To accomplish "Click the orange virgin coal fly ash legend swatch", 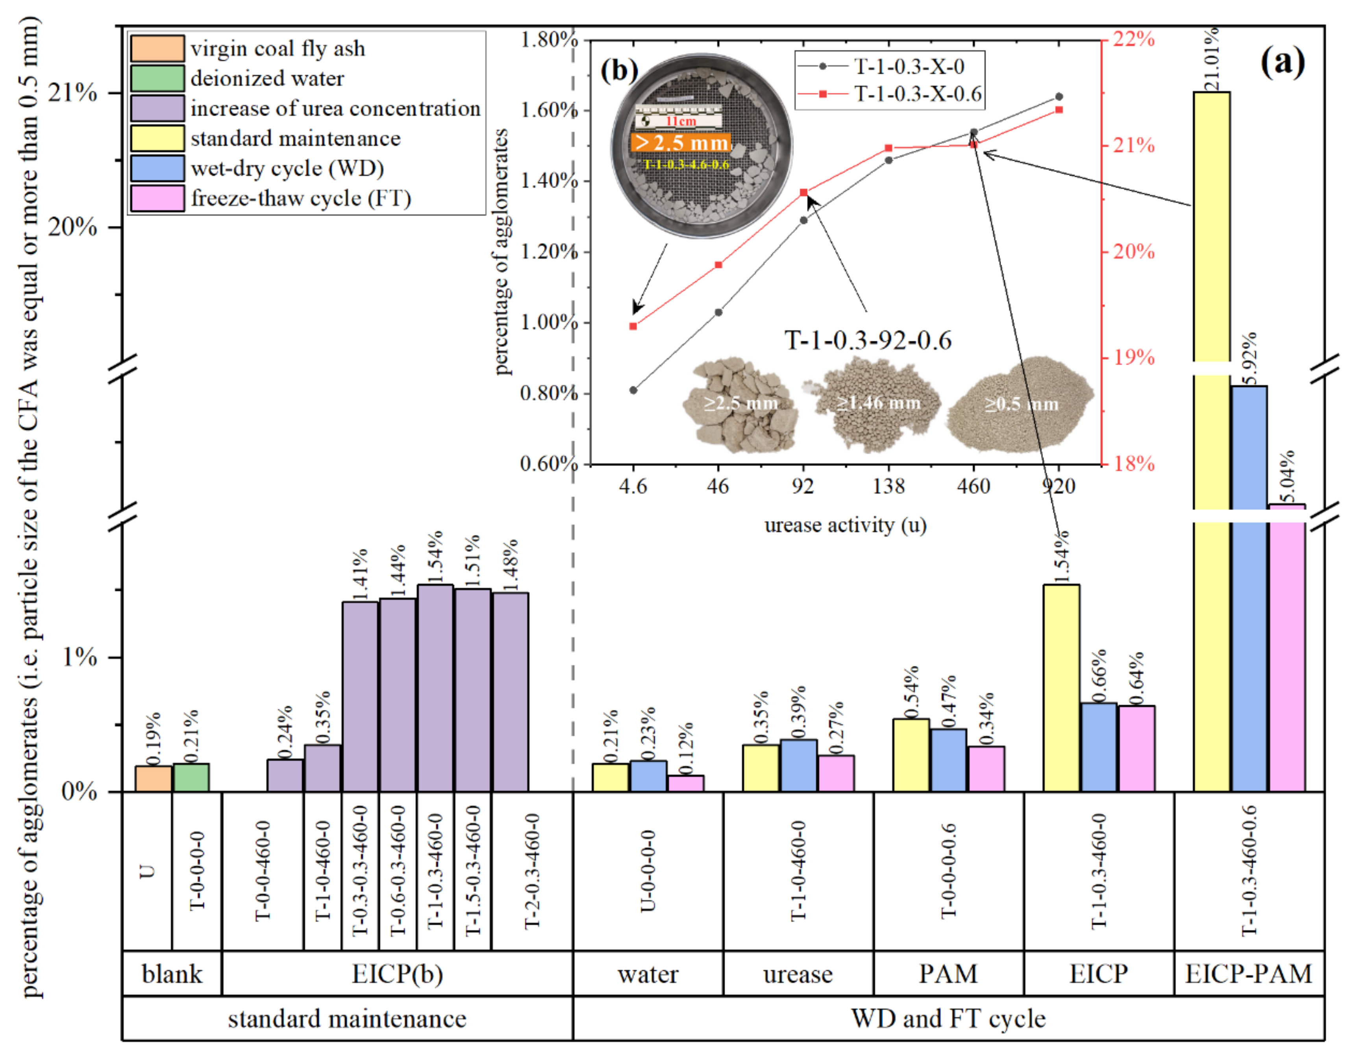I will [157, 48].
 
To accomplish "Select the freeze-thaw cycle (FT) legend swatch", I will [157, 199].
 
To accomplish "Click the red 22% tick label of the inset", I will [1133, 39].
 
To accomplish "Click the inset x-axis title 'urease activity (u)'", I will [845, 525].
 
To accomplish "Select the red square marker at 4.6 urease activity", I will [633, 326].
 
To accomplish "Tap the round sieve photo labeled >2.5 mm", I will [702, 146].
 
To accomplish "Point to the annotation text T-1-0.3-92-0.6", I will [868, 340].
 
